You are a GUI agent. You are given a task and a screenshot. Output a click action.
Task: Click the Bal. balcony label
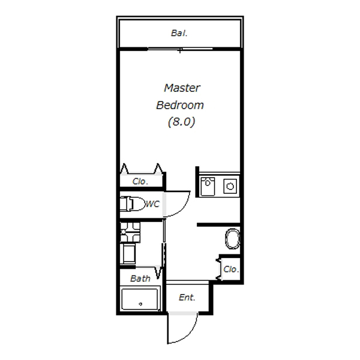point(179,33)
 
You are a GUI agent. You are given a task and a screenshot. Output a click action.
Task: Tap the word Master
point(182,88)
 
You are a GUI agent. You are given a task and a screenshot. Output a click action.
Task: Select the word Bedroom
point(180,105)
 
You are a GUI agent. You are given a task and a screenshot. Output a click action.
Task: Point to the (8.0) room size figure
point(181,122)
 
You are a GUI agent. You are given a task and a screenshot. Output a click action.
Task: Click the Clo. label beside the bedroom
point(140,182)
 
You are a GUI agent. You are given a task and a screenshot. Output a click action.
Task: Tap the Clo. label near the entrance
point(231,269)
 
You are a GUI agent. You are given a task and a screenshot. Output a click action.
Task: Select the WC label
point(152,204)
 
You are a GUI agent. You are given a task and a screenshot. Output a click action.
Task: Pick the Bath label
point(140,278)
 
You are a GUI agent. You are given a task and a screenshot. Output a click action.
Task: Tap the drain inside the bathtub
point(140,304)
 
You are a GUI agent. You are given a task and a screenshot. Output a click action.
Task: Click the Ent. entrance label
point(187,298)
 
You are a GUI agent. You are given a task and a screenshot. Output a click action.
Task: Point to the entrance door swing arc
point(190,334)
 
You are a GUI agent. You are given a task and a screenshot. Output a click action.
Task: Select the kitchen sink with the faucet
point(208,186)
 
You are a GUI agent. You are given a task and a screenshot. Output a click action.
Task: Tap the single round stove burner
point(230,186)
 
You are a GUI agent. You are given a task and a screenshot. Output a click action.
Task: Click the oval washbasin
point(232,239)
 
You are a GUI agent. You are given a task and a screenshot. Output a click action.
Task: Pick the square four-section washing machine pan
point(130,232)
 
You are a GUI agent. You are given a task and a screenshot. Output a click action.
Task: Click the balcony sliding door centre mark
point(180,50)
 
